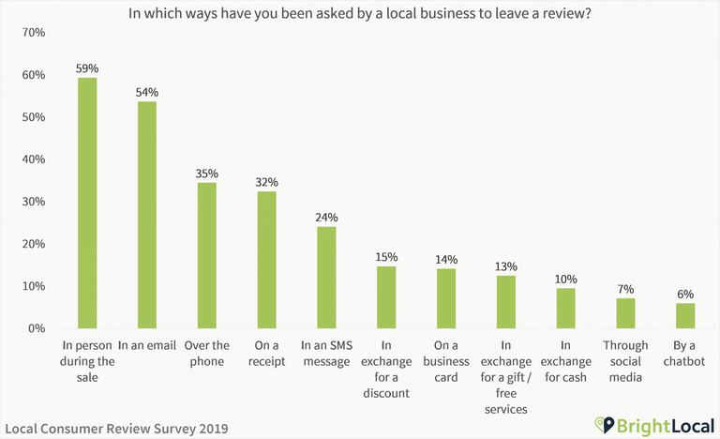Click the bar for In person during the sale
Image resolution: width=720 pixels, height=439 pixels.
pos(87,203)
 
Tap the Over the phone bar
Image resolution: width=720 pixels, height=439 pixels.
pos(207,254)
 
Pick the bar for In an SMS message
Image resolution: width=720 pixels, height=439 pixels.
pos(326,277)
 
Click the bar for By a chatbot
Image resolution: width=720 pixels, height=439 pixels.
pos(685,315)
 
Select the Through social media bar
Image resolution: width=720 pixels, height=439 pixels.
pos(625,312)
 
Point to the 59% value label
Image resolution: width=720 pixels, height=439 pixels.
pos(87,68)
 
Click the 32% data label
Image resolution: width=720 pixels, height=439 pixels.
pos(267,182)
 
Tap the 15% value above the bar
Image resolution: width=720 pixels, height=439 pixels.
pos(386,256)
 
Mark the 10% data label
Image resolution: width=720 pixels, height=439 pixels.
pos(565,279)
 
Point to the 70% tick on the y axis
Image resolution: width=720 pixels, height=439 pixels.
pos(33,33)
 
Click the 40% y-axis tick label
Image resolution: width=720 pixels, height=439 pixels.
pos(33,159)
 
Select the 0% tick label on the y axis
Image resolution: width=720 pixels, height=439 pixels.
pos(37,328)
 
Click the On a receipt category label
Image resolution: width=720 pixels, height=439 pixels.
pos(267,353)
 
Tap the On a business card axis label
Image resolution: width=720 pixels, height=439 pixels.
pos(446,361)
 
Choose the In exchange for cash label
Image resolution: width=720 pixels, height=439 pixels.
pos(565,361)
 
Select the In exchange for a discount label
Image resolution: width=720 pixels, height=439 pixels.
pos(386,370)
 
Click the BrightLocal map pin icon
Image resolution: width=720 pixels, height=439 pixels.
pos(605,425)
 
